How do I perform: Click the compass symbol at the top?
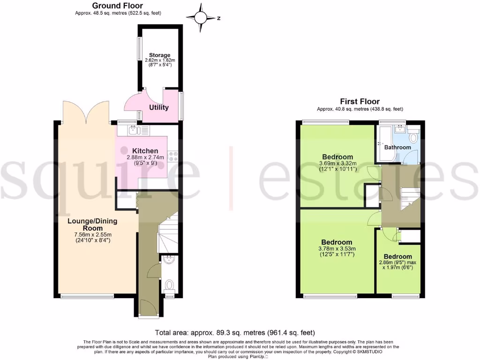pyautogui.click(x=201, y=17)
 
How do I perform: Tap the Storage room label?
pyautogui.click(x=160, y=55)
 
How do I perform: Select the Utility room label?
pyautogui.click(x=159, y=108)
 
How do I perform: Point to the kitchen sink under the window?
pyautogui.click(x=133, y=130)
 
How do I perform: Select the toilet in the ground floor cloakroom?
pyautogui.click(x=170, y=285)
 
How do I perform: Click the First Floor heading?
pyautogui.click(x=360, y=101)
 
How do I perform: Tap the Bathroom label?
pyautogui.click(x=397, y=147)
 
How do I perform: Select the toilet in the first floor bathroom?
pyautogui.click(x=413, y=138)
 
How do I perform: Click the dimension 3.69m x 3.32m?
pyautogui.click(x=337, y=163)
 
